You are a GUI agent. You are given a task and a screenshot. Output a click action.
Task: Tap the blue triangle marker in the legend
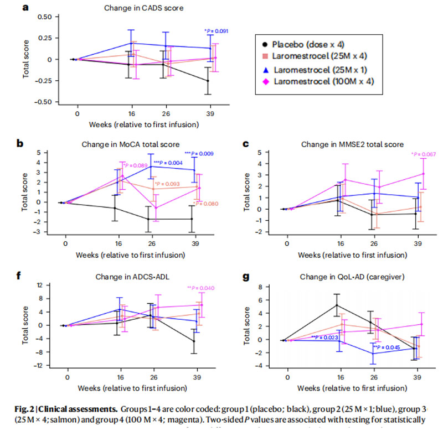coord(266,70)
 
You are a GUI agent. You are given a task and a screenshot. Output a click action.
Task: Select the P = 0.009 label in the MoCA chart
coord(202,153)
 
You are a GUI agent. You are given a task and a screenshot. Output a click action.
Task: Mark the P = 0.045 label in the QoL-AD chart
coord(385,347)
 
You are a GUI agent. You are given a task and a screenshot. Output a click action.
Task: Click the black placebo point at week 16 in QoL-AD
coord(337,305)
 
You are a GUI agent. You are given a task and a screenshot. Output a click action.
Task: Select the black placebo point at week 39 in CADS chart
coord(208,81)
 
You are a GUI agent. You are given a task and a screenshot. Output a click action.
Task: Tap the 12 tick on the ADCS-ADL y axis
coord(39,285)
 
